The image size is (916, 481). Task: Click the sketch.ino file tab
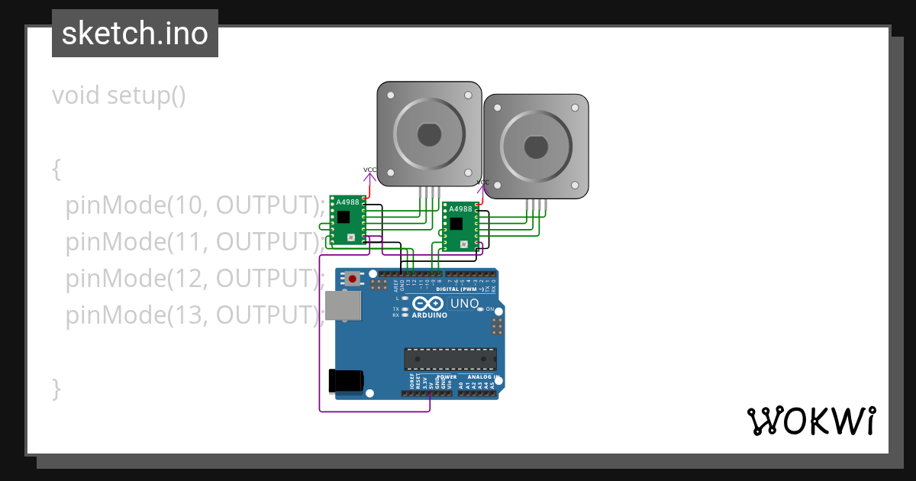coord(135,34)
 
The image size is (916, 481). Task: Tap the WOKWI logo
coord(811,421)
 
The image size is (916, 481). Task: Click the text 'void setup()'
coord(119,96)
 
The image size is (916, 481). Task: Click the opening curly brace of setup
coord(56,169)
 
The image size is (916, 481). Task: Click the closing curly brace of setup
coord(56,387)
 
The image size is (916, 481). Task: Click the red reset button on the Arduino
coord(352,279)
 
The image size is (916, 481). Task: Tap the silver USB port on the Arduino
coord(343,305)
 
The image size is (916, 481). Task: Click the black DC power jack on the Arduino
coord(346,381)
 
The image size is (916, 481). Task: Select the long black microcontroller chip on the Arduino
coord(450,359)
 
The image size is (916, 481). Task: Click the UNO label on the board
coord(464,304)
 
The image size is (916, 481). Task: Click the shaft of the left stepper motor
coord(429,135)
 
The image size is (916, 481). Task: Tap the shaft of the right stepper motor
coord(536,147)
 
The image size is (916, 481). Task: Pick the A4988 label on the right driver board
coord(460,209)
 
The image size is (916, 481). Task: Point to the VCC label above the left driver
coord(369,169)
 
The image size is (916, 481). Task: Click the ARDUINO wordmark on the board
coord(429,315)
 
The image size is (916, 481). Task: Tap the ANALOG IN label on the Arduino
coord(484,376)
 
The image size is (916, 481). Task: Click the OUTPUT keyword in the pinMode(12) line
coord(266,278)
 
